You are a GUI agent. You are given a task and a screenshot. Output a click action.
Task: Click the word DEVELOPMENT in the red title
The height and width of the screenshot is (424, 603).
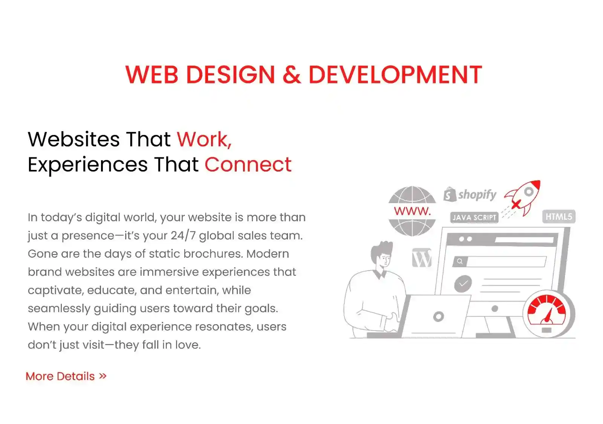[x=395, y=74]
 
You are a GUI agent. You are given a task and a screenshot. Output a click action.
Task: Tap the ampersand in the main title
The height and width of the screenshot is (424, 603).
[x=292, y=74]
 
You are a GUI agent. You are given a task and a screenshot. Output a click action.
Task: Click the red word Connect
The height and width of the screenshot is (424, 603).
[x=248, y=164]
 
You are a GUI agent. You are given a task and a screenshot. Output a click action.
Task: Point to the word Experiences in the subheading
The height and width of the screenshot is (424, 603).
[x=88, y=165]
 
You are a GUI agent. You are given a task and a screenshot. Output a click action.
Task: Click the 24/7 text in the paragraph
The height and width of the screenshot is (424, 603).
[x=183, y=236]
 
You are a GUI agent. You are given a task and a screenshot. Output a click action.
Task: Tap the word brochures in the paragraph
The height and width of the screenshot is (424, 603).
[x=213, y=254]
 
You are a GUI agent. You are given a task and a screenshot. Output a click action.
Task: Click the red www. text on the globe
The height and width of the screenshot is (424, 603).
[x=412, y=211]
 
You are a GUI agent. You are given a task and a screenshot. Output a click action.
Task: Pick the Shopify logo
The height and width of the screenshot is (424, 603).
[x=470, y=194]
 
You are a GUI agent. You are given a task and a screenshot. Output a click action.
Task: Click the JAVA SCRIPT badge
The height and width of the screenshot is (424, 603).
[x=474, y=217]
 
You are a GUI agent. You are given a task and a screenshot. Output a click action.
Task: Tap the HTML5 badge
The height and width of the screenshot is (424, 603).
[x=559, y=217]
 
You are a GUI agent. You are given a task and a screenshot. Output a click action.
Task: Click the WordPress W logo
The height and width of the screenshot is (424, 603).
[x=422, y=258]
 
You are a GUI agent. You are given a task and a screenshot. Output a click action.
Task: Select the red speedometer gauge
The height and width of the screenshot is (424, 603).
[x=546, y=313]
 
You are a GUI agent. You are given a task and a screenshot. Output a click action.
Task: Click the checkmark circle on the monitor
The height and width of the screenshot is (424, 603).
[x=463, y=283]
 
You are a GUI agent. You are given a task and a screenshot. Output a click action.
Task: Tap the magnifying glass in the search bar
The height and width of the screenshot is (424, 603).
[x=460, y=262]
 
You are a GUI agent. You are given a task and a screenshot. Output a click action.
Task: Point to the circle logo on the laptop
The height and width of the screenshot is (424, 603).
[x=438, y=316]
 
